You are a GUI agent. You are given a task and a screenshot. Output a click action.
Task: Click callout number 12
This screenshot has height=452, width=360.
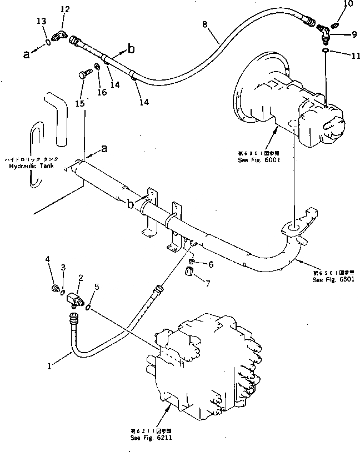pos(65,9)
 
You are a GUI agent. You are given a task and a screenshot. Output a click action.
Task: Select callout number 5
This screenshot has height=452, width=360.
pos(97,287)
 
